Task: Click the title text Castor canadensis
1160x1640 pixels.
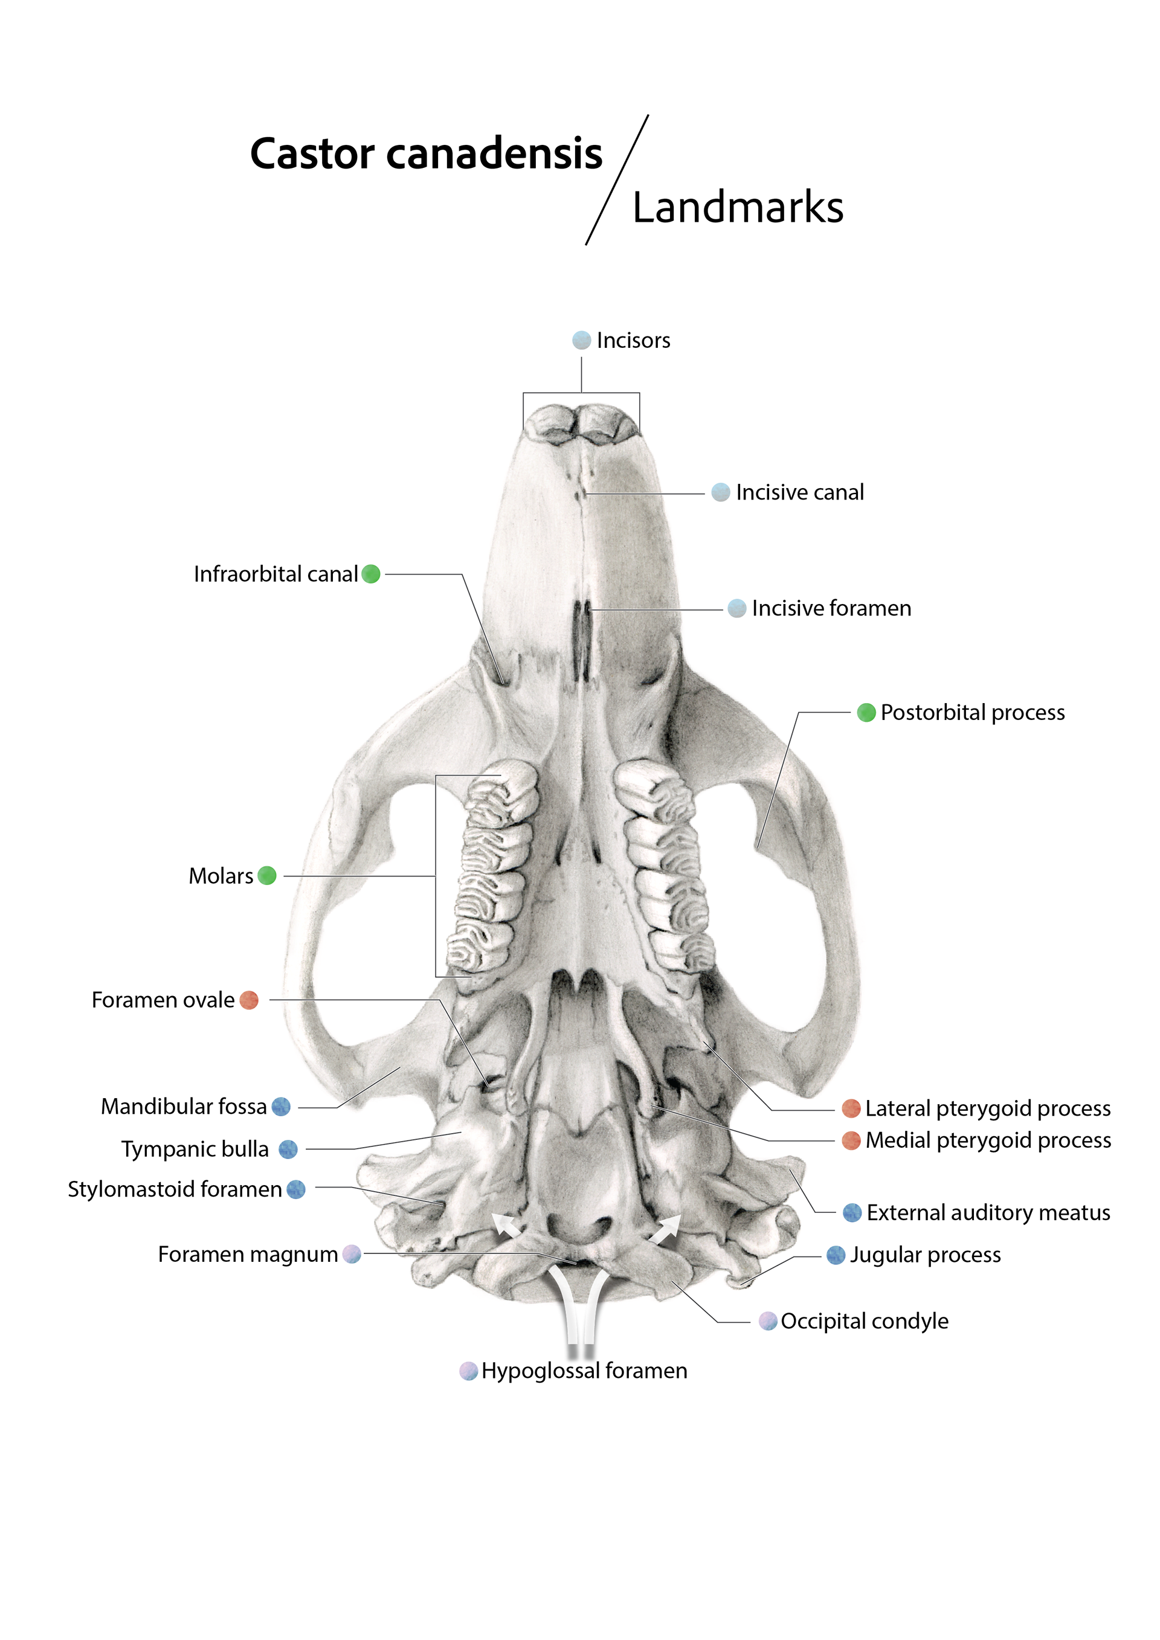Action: click(426, 153)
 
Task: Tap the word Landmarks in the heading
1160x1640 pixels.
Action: click(737, 208)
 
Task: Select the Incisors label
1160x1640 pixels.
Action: click(633, 341)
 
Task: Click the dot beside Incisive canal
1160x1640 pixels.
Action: click(721, 492)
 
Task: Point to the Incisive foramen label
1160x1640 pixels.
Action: click(831, 608)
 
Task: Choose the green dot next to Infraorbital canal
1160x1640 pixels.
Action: click(371, 574)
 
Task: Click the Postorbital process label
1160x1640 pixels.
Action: click(972, 712)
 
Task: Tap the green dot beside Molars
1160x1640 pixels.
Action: click(266, 876)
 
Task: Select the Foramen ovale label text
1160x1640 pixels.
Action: click(163, 1000)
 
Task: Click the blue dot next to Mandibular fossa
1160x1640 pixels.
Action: click(282, 1107)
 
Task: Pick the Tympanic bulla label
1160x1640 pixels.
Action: click(195, 1150)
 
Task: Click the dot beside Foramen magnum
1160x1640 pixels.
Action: click(352, 1254)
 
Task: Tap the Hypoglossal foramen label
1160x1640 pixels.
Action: click(584, 1371)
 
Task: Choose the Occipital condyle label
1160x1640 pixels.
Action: click(865, 1322)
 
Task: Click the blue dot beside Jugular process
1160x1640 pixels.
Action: click(836, 1255)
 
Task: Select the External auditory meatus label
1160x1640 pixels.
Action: click(988, 1213)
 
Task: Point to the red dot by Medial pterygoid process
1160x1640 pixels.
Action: click(851, 1140)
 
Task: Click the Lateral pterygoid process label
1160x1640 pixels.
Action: click(988, 1108)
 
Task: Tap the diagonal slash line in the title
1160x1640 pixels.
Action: click(617, 180)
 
